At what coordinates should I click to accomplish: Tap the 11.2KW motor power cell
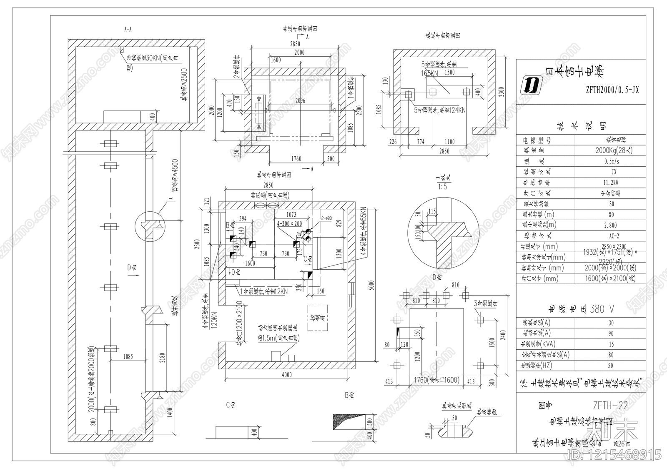coord(611,182)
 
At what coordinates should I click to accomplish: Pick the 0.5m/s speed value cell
coord(611,161)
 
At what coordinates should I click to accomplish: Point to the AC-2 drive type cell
coord(611,235)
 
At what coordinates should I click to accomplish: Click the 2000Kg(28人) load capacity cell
coord(611,150)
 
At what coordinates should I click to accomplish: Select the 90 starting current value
coord(611,333)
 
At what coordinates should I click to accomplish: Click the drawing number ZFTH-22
coord(610,406)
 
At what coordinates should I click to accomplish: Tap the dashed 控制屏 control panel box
coord(317,318)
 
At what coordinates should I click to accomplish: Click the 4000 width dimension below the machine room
coord(286,375)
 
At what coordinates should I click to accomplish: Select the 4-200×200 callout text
coord(290,223)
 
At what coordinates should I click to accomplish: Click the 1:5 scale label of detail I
coord(442,187)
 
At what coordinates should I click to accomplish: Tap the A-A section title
coord(128,30)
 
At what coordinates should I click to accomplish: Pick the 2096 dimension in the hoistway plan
coord(299,100)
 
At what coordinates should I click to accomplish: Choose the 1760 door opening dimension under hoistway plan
coord(296,159)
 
